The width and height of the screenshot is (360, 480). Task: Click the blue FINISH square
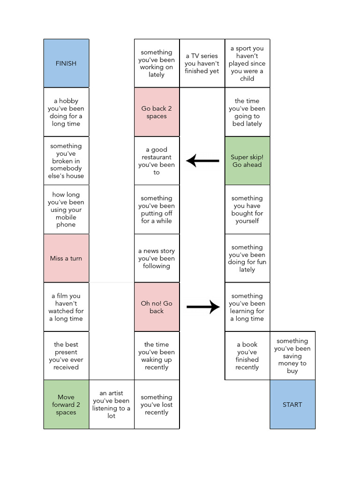(66, 63)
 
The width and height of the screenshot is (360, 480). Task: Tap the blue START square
(292, 405)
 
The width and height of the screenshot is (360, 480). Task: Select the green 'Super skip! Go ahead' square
(247, 161)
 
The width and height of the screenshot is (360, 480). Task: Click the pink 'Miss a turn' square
(66, 258)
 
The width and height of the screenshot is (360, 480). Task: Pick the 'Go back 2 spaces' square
(157, 112)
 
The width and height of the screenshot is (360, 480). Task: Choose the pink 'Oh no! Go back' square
(157, 307)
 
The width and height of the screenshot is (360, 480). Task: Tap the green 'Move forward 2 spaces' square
(66, 405)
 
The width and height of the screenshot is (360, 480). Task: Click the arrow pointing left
(202, 161)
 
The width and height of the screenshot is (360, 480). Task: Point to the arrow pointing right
(203, 307)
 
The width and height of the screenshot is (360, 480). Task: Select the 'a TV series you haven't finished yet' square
(202, 63)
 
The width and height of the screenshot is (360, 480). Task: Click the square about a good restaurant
(157, 161)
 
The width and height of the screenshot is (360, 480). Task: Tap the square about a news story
(157, 258)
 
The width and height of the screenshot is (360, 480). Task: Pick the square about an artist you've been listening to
(112, 405)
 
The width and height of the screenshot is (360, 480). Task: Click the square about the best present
(66, 356)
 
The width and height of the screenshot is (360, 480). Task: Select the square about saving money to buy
(292, 356)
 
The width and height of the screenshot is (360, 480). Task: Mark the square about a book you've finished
(247, 356)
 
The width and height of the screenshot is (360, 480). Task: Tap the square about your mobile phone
(66, 210)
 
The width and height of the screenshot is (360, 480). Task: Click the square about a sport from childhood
(247, 63)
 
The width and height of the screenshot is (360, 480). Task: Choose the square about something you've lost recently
(157, 405)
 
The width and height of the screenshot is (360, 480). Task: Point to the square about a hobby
(66, 112)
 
